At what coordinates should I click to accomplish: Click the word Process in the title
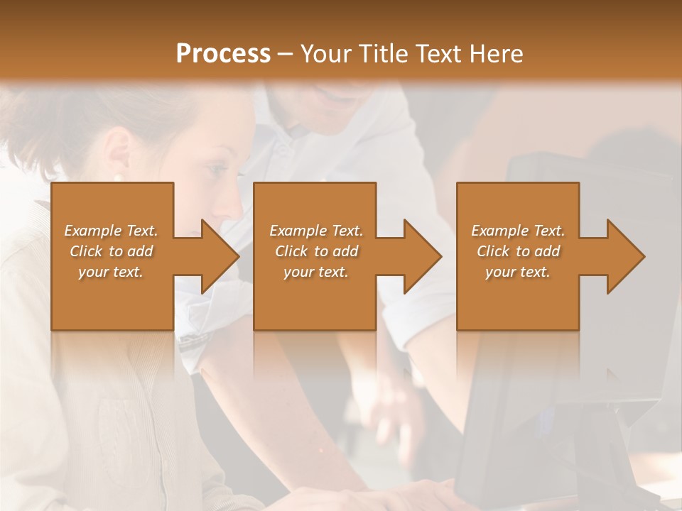pos(223,54)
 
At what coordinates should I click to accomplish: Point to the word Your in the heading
pos(328,54)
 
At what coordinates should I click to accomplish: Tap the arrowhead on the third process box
pos(622,256)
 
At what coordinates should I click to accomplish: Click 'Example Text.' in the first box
pos(111,231)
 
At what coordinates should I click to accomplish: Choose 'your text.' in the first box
pos(111,272)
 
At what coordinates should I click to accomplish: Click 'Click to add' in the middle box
pos(316,251)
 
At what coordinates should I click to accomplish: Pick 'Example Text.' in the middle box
pos(316,231)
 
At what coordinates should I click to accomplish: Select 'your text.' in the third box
pos(518,272)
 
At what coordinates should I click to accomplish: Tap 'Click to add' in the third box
pos(518,251)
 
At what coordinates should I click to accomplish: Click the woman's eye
pos(217,170)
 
